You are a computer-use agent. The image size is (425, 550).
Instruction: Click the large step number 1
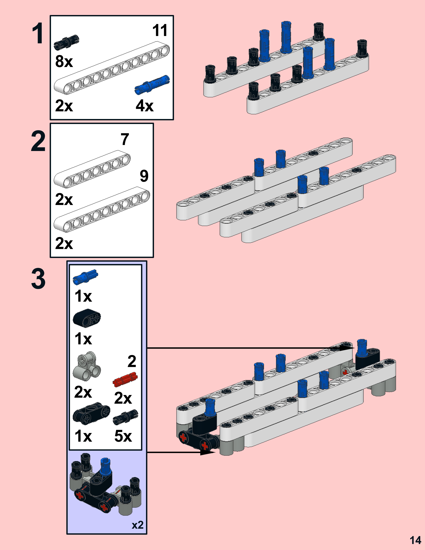tap(38, 33)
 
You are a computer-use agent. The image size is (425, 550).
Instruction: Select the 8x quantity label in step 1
tap(64, 61)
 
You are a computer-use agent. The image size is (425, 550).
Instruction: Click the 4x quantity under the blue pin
tap(144, 106)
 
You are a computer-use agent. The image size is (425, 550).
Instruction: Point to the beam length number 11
tap(160, 30)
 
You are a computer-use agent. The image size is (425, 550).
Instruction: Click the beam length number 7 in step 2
tap(125, 139)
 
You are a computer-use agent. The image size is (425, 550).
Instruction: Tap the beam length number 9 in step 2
tap(144, 176)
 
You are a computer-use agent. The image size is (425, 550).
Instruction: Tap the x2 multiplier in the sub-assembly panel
tap(137, 525)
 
